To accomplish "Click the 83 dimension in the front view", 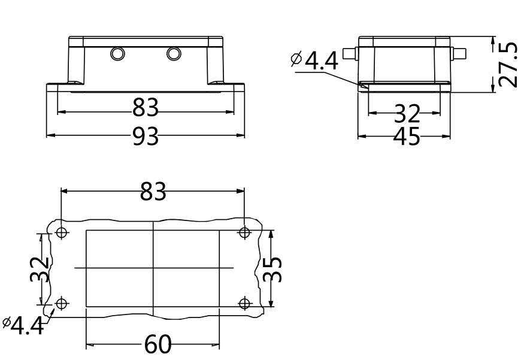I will [146, 108].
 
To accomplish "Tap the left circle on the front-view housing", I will [118, 54].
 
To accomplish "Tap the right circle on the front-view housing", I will [174, 54].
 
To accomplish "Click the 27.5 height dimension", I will [508, 65].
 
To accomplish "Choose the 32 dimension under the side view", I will [407, 112].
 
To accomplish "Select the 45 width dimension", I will [407, 137].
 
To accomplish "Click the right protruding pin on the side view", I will [459, 53].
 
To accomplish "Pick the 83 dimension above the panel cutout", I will [153, 192].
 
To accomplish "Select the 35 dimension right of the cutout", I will [272, 268].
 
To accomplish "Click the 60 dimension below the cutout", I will [157, 345].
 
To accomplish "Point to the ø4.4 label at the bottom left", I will [24, 325].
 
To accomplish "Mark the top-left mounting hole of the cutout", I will [62, 233].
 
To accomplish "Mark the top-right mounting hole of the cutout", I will [244, 232].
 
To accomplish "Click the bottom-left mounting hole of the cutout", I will [62, 304].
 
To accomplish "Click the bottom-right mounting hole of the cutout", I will [244, 303].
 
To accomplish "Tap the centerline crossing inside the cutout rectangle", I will [153, 267].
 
